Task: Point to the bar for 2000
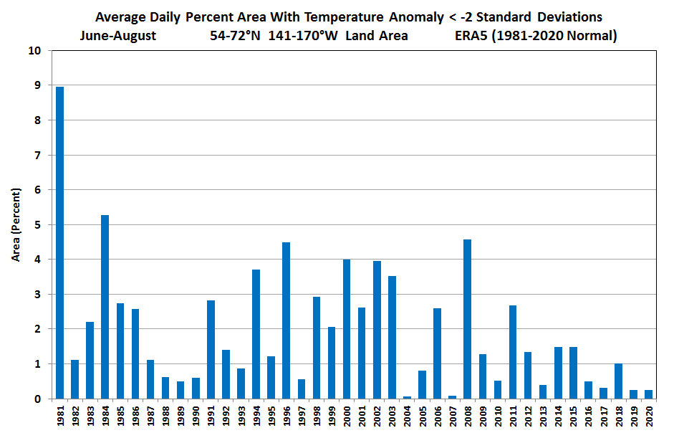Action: coord(347,329)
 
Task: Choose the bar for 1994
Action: coord(256,334)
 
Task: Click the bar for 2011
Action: coord(513,352)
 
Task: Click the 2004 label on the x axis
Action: coord(408,417)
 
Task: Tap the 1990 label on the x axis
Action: coord(196,417)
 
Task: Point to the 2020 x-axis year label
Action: coord(649,417)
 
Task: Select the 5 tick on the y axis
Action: coord(37,225)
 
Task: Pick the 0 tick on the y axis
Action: coord(37,399)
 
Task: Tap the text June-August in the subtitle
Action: coord(118,35)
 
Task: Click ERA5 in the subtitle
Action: coord(471,35)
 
